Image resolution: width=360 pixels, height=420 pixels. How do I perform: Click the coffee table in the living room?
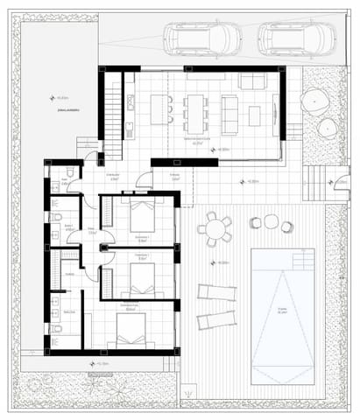[x=255, y=114]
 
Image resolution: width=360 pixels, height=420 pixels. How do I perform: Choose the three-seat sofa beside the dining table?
[x=230, y=112]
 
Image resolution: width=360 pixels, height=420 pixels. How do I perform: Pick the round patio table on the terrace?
[x=213, y=228]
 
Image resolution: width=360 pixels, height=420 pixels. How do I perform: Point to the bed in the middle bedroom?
[x=140, y=278]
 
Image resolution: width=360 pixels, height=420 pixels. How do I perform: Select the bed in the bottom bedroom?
[x=131, y=330]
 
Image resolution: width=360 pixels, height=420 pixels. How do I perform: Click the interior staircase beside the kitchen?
[x=113, y=108]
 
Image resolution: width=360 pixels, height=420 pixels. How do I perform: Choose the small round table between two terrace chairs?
[x=271, y=226]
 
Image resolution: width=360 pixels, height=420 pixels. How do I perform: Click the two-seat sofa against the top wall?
[x=252, y=81]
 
